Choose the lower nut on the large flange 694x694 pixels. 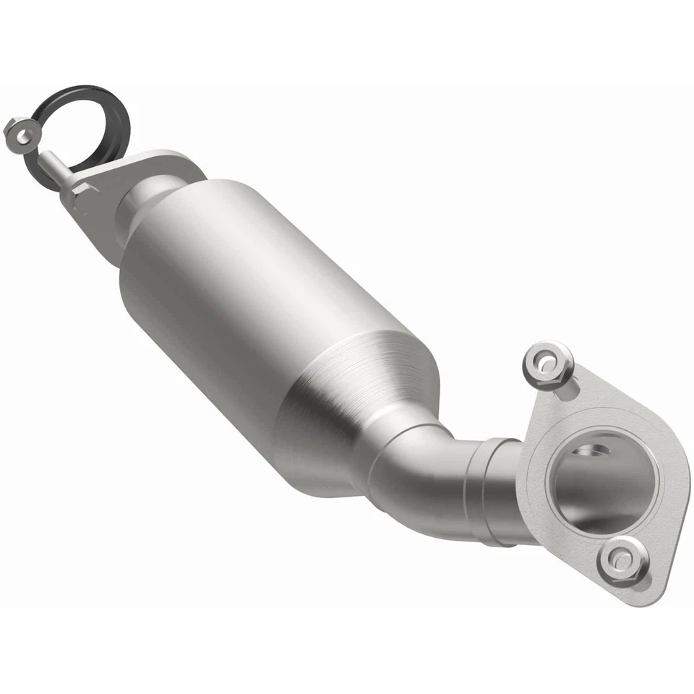(622, 560)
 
